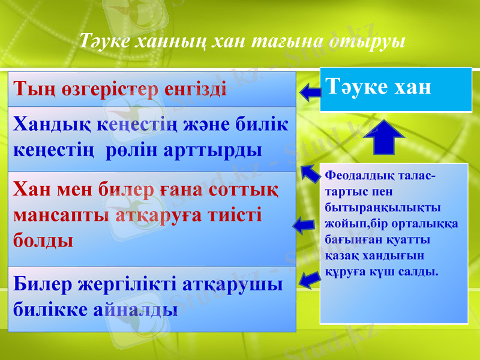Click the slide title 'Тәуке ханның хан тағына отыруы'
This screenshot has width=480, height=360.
click(x=242, y=41)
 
